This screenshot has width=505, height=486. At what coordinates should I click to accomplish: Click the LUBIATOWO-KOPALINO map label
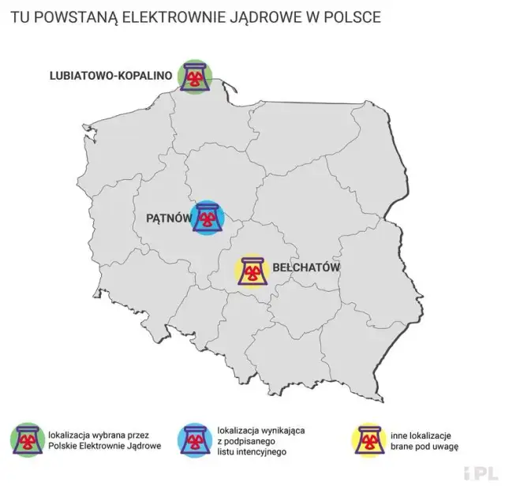coord(111,76)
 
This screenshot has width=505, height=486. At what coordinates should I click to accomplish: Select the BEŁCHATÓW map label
coord(306,268)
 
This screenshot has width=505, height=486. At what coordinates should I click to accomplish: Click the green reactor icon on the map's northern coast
coord(195,76)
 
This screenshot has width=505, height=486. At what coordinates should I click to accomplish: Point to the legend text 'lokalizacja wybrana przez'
coord(98,435)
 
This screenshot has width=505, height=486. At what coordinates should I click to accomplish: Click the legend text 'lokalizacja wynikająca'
coord(260,430)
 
